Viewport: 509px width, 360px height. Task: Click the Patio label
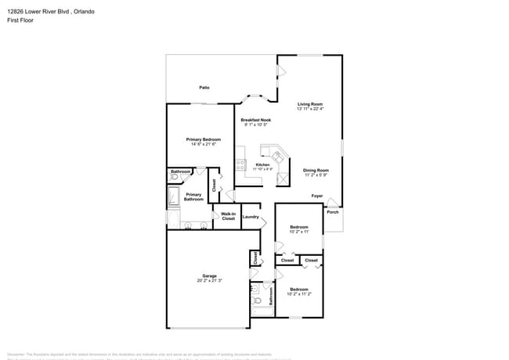click(x=204, y=88)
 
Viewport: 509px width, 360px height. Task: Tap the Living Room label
click(x=310, y=104)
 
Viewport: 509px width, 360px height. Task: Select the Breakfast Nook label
click(x=255, y=120)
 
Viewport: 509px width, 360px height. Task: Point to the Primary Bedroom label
click(x=203, y=139)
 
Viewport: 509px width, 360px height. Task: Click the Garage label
click(x=209, y=275)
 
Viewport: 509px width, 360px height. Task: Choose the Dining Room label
click(x=316, y=170)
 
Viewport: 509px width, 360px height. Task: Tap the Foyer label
click(x=317, y=196)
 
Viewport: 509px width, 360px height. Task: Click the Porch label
click(x=333, y=212)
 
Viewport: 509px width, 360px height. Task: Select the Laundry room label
click(x=251, y=217)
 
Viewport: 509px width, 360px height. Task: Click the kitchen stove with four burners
click(x=240, y=164)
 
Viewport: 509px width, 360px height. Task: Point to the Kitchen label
click(x=263, y=164)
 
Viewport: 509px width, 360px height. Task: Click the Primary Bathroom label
click(x=193, y=196)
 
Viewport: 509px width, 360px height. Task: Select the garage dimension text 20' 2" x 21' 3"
click(x=209, y=280)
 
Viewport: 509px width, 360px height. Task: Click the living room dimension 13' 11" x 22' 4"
click(x=310, y=109)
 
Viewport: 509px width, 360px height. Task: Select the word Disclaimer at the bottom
click(x=16, y=354)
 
